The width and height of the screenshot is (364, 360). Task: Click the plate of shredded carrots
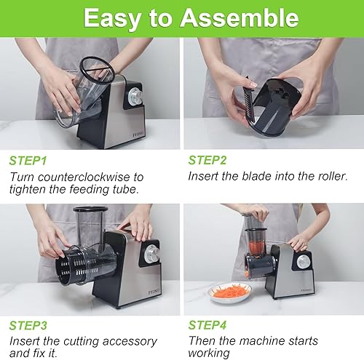(230, 292)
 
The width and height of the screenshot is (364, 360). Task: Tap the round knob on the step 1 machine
(135, 98)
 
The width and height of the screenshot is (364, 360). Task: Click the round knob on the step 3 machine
(151, 254)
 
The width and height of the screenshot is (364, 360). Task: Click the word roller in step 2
(332, 177)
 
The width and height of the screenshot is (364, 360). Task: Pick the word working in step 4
(210, 354)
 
